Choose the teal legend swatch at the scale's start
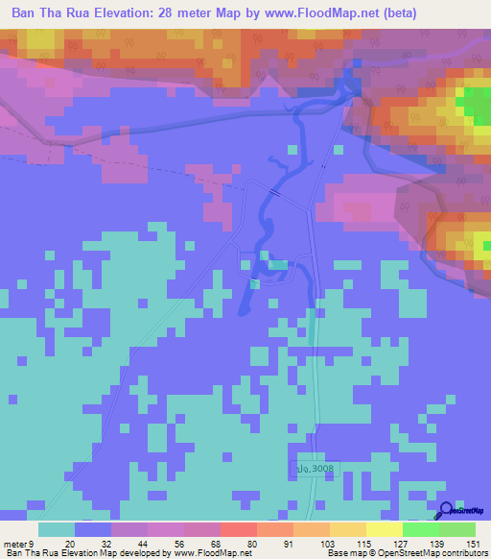(57, 529)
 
